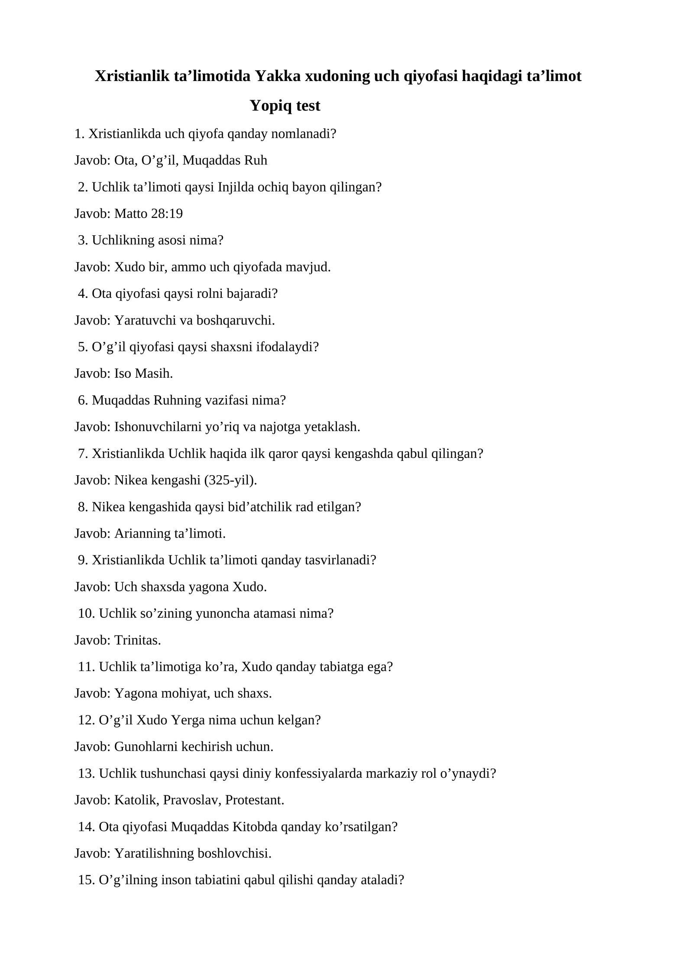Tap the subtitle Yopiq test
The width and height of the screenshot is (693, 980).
285,106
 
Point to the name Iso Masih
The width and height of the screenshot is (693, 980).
143,373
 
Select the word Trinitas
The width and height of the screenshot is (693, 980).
137,640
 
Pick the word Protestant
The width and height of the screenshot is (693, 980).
254,800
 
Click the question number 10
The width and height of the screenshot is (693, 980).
86,613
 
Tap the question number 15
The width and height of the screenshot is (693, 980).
86,880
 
